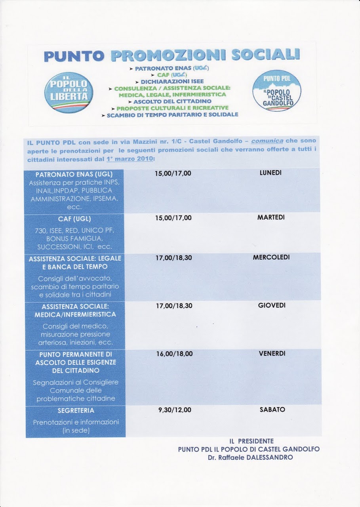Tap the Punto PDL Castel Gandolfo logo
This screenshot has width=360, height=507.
tap(277, 91)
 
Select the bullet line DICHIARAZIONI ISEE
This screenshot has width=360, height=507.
tap(171, 81)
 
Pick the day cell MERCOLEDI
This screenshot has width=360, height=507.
tap(271, 257)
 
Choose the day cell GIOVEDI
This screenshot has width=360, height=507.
tap(271, 305)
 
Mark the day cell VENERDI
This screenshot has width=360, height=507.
tap(272, 353)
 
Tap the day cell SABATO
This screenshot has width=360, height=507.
tap(272, 410)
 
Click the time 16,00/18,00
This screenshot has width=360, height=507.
tap(174, 354)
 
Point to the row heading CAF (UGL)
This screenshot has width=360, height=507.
tap(74, 218)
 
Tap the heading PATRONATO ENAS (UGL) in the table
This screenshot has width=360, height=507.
tap(74, 174)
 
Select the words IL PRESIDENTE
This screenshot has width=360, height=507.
tap(251, 440)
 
